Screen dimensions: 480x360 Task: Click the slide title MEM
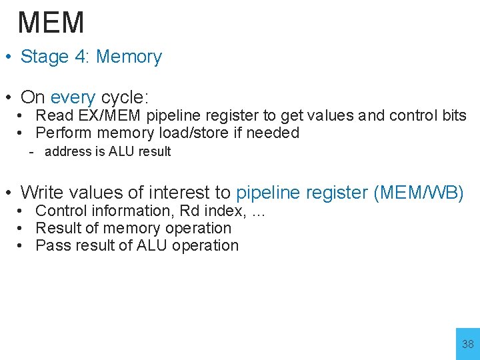coord(51,23)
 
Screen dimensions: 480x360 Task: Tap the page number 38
coord(468,344)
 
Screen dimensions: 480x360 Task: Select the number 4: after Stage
coord(83,57)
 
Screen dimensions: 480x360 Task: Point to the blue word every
coord(73,97)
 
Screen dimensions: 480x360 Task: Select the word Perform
coord(63,133)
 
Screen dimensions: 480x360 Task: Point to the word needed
coord(273,133)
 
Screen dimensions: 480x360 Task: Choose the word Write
coord(45,193)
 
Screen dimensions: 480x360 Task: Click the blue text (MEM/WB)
coord(419,193)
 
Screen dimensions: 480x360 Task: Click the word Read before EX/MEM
coord(54,116)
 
